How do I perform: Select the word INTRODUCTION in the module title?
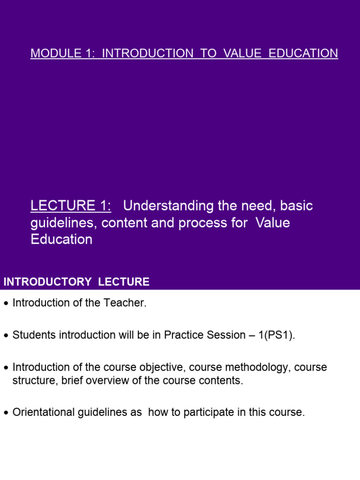(x=147, y=53)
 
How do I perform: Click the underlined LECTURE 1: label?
(x=71, y=206)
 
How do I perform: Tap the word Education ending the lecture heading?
(x=61, y=240)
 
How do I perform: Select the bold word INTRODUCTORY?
(x=47, y=282)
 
